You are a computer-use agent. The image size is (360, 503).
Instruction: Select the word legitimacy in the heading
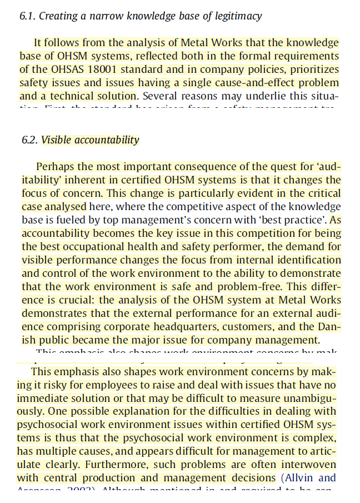(236, 16)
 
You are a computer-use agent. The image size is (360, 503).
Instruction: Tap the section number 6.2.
(29, 140)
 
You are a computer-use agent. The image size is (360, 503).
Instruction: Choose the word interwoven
(308, 465)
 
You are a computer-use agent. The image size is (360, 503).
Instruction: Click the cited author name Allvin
(300, 478)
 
